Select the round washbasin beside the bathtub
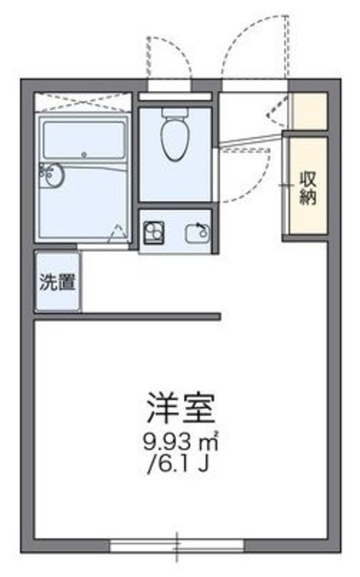point(51,174)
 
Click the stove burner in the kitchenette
point(152,232)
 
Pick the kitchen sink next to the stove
point(196,232)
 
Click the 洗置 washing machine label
point(56,280)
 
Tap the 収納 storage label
point(307,188)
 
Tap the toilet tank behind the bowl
point(173,115)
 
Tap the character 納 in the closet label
point(307,198)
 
